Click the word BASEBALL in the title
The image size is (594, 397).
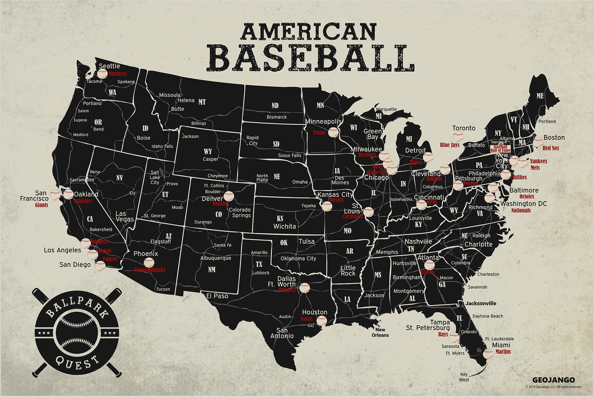[313, 58]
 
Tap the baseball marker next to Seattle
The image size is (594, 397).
[102, 73]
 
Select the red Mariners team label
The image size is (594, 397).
[118, 74]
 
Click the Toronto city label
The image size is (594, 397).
[464, 128]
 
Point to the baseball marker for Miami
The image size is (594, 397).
[488, 354]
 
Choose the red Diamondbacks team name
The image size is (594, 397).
[150, 270]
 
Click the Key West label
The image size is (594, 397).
[464, 377]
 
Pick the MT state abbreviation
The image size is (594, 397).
[202, 102]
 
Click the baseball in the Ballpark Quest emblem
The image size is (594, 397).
[77, 333]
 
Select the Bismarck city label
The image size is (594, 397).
[277, 117]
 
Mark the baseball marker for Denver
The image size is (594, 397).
[228, 196]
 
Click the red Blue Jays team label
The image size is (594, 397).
[449, 145]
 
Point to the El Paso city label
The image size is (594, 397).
[217, 296]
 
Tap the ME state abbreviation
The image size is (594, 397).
[540, 96]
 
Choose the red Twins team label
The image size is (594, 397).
[319, 133]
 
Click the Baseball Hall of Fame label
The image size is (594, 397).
[500, 148]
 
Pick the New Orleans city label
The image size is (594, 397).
[380, 332]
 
